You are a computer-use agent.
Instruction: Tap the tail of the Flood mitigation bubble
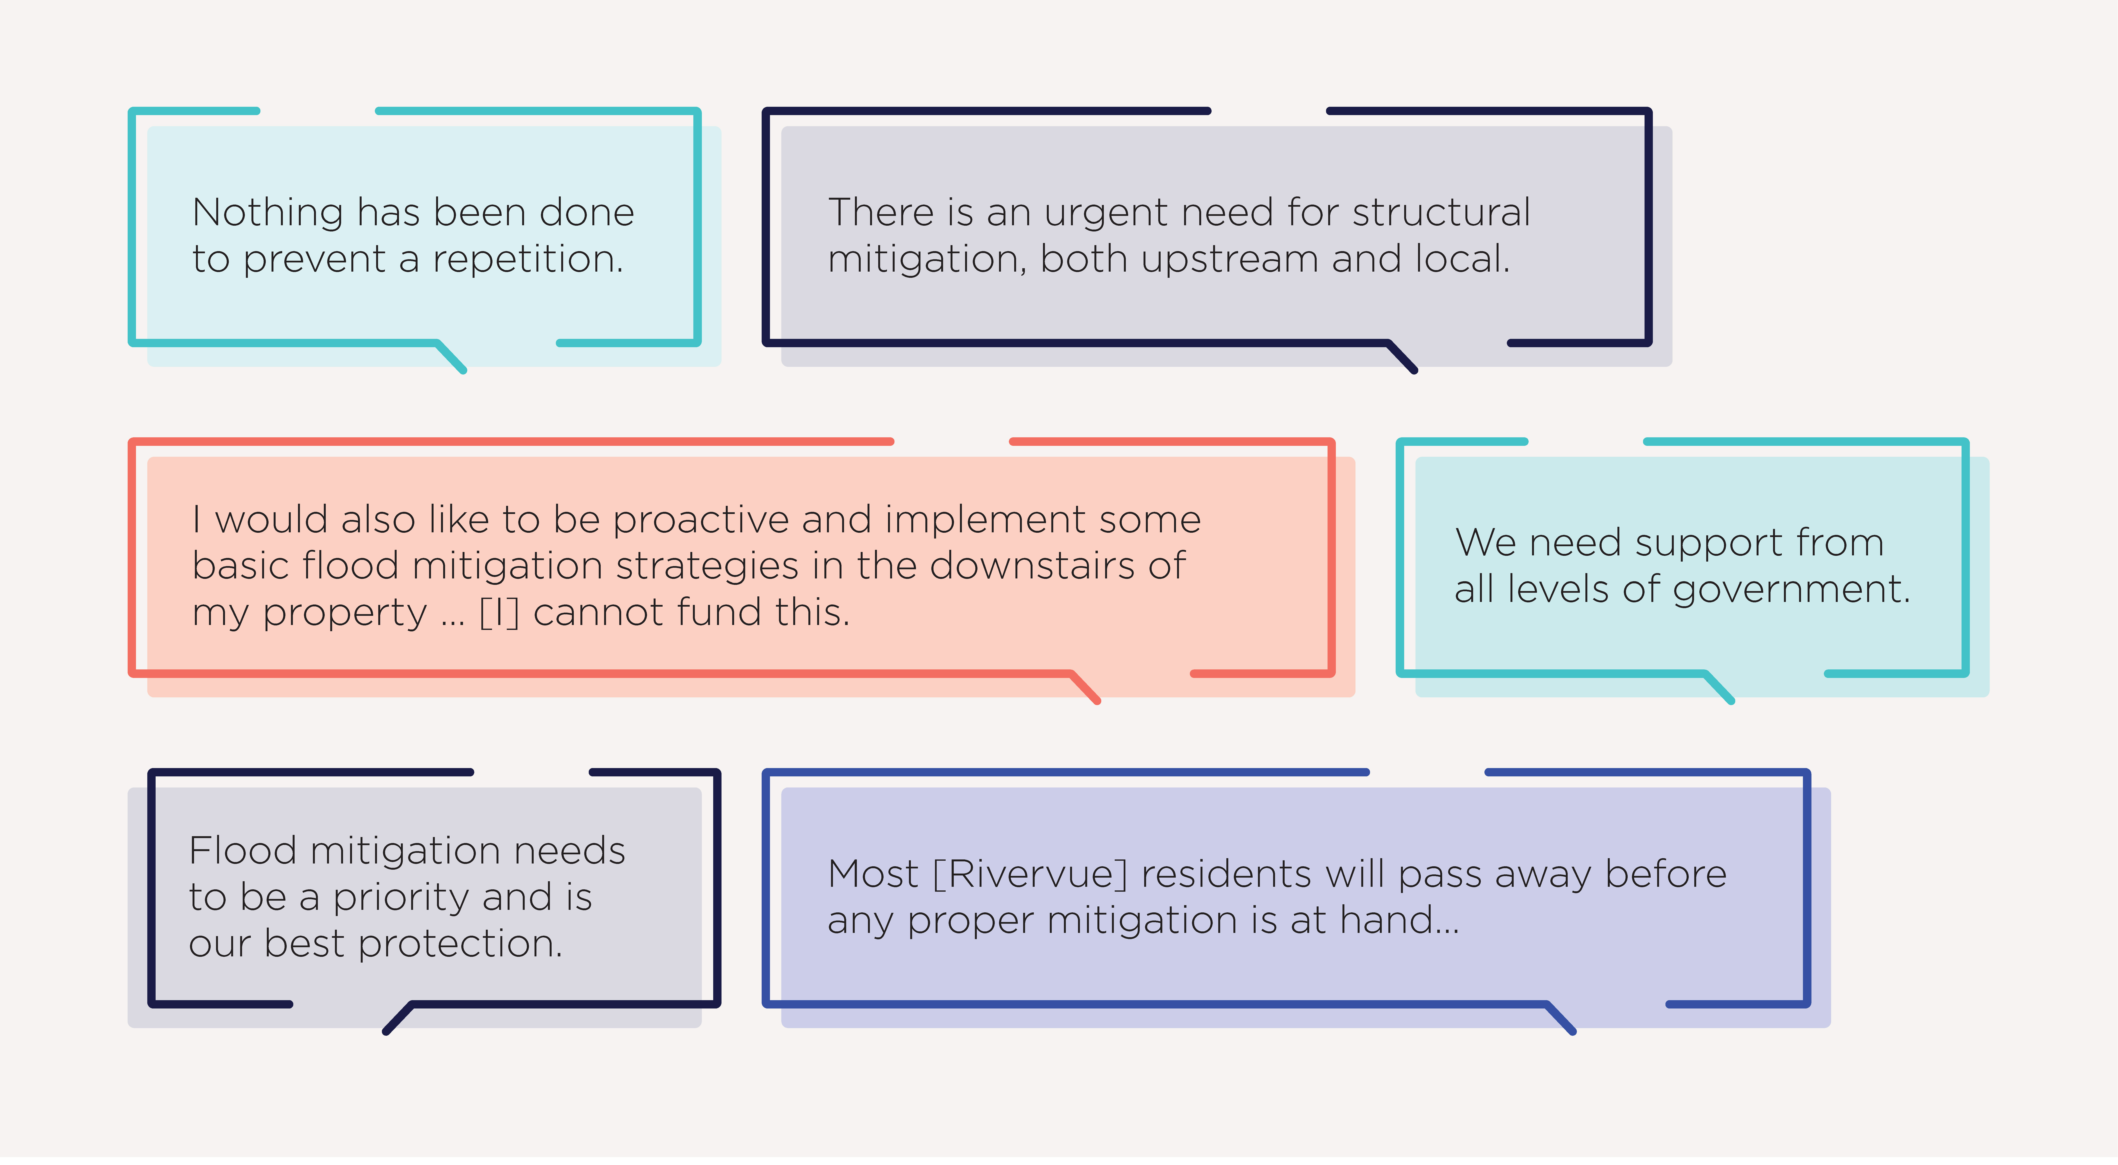coord(399,1018)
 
